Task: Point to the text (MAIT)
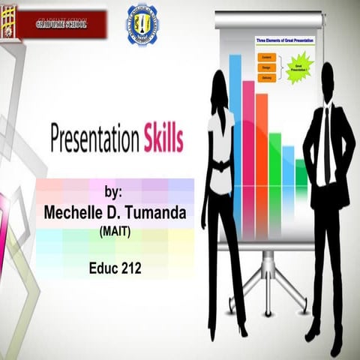coord(115,232)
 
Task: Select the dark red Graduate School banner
coord(61,25)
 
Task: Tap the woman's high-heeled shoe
coord(241,331)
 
